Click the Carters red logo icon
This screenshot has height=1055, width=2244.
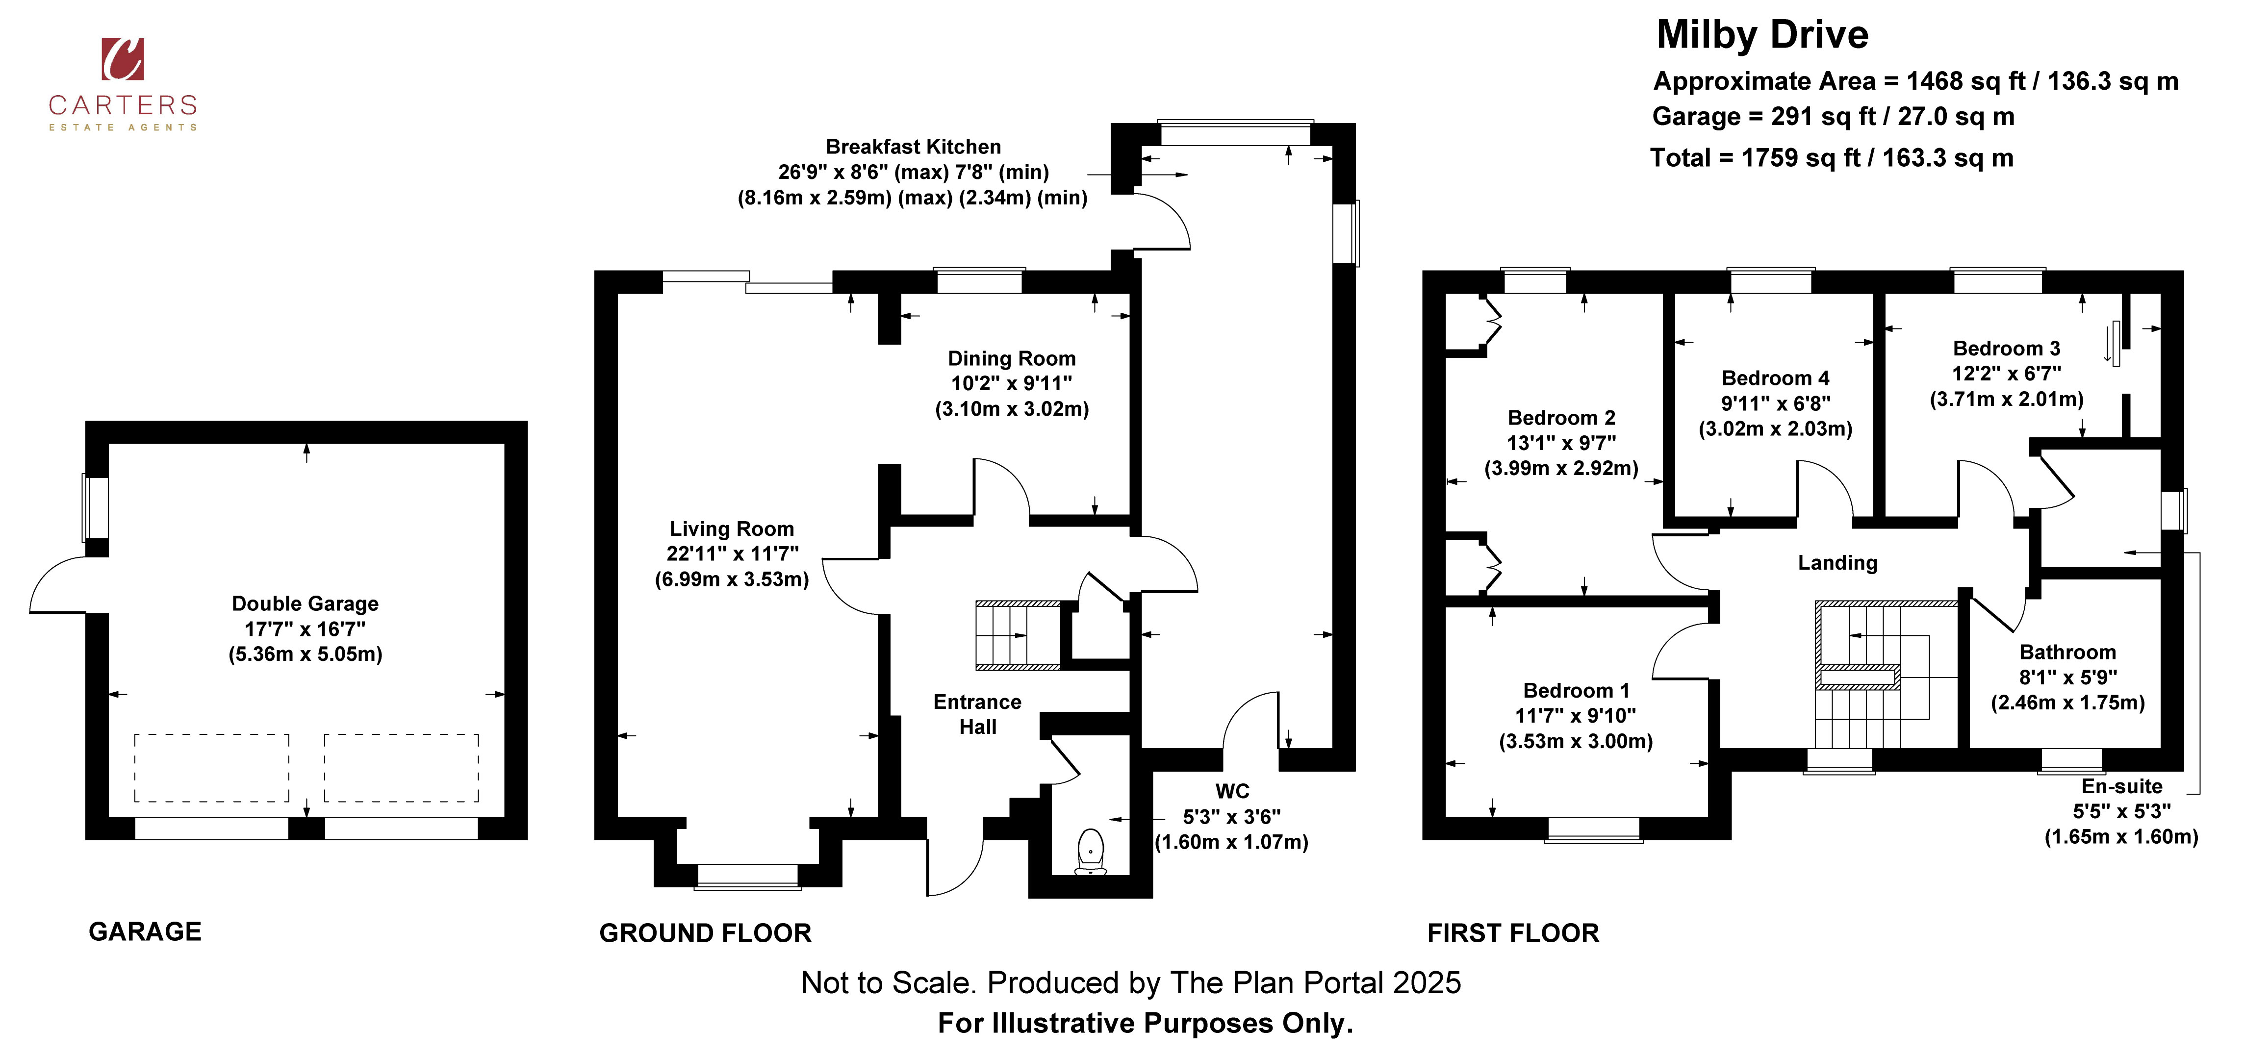(x=123, y=59)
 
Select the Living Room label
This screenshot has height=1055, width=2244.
(x=732, y=529)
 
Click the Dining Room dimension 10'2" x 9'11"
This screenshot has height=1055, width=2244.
(x=1011, y=383)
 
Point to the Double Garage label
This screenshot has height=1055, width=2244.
(x=305, y=603)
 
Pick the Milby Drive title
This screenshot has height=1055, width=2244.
(x=1762, y=35)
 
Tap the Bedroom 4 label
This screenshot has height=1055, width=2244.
(x=1775, y=378)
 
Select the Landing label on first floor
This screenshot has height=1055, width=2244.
(x=1837, y=563)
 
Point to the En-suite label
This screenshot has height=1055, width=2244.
(x=2122, y=787)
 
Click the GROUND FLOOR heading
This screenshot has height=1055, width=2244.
(x=706, y=933)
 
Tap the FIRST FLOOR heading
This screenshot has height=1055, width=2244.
(x=1513, y=933)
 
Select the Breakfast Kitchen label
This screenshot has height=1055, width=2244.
(x=913, y=147)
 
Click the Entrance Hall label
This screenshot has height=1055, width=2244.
(x=977, y=714)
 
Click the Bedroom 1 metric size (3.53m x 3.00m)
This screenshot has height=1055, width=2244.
(x=1576, y=741)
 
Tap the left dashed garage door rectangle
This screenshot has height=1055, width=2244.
(x=212, y=768)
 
